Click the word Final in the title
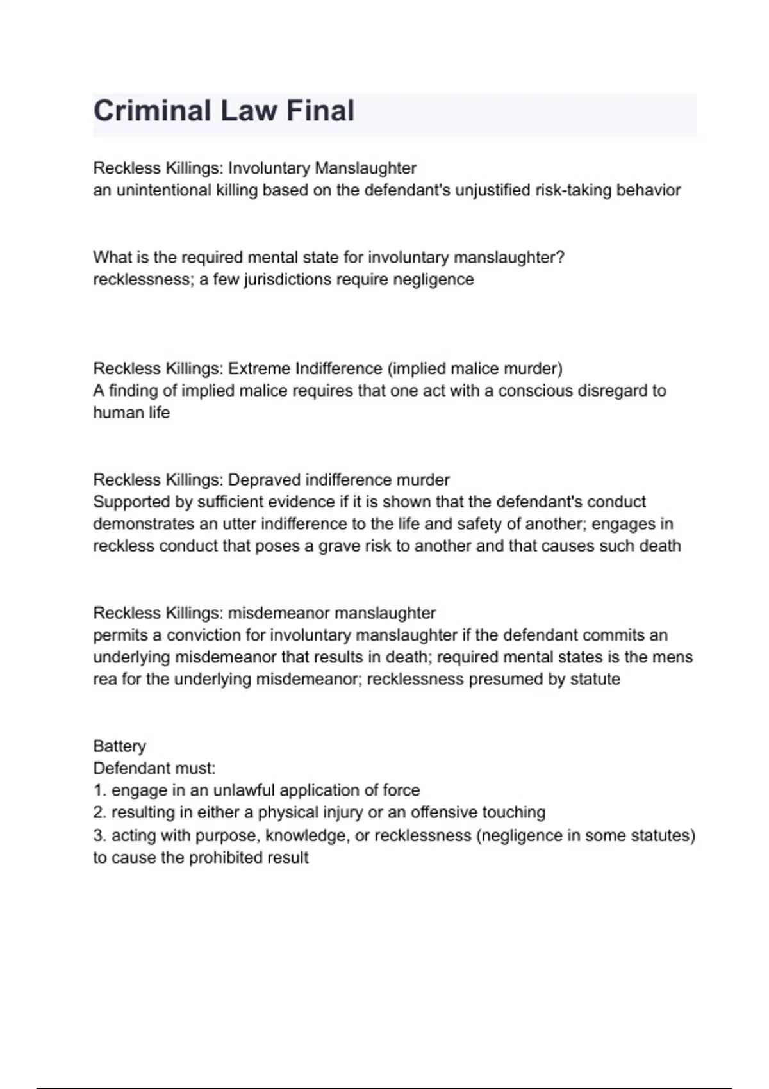(x=320, y=111)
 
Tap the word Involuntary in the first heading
(x=269, y=168)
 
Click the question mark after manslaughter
(x=561, y=258)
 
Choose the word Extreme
(x=259, y=368)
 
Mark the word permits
(x=128, y=635)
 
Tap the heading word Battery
(x=119, y=746)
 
